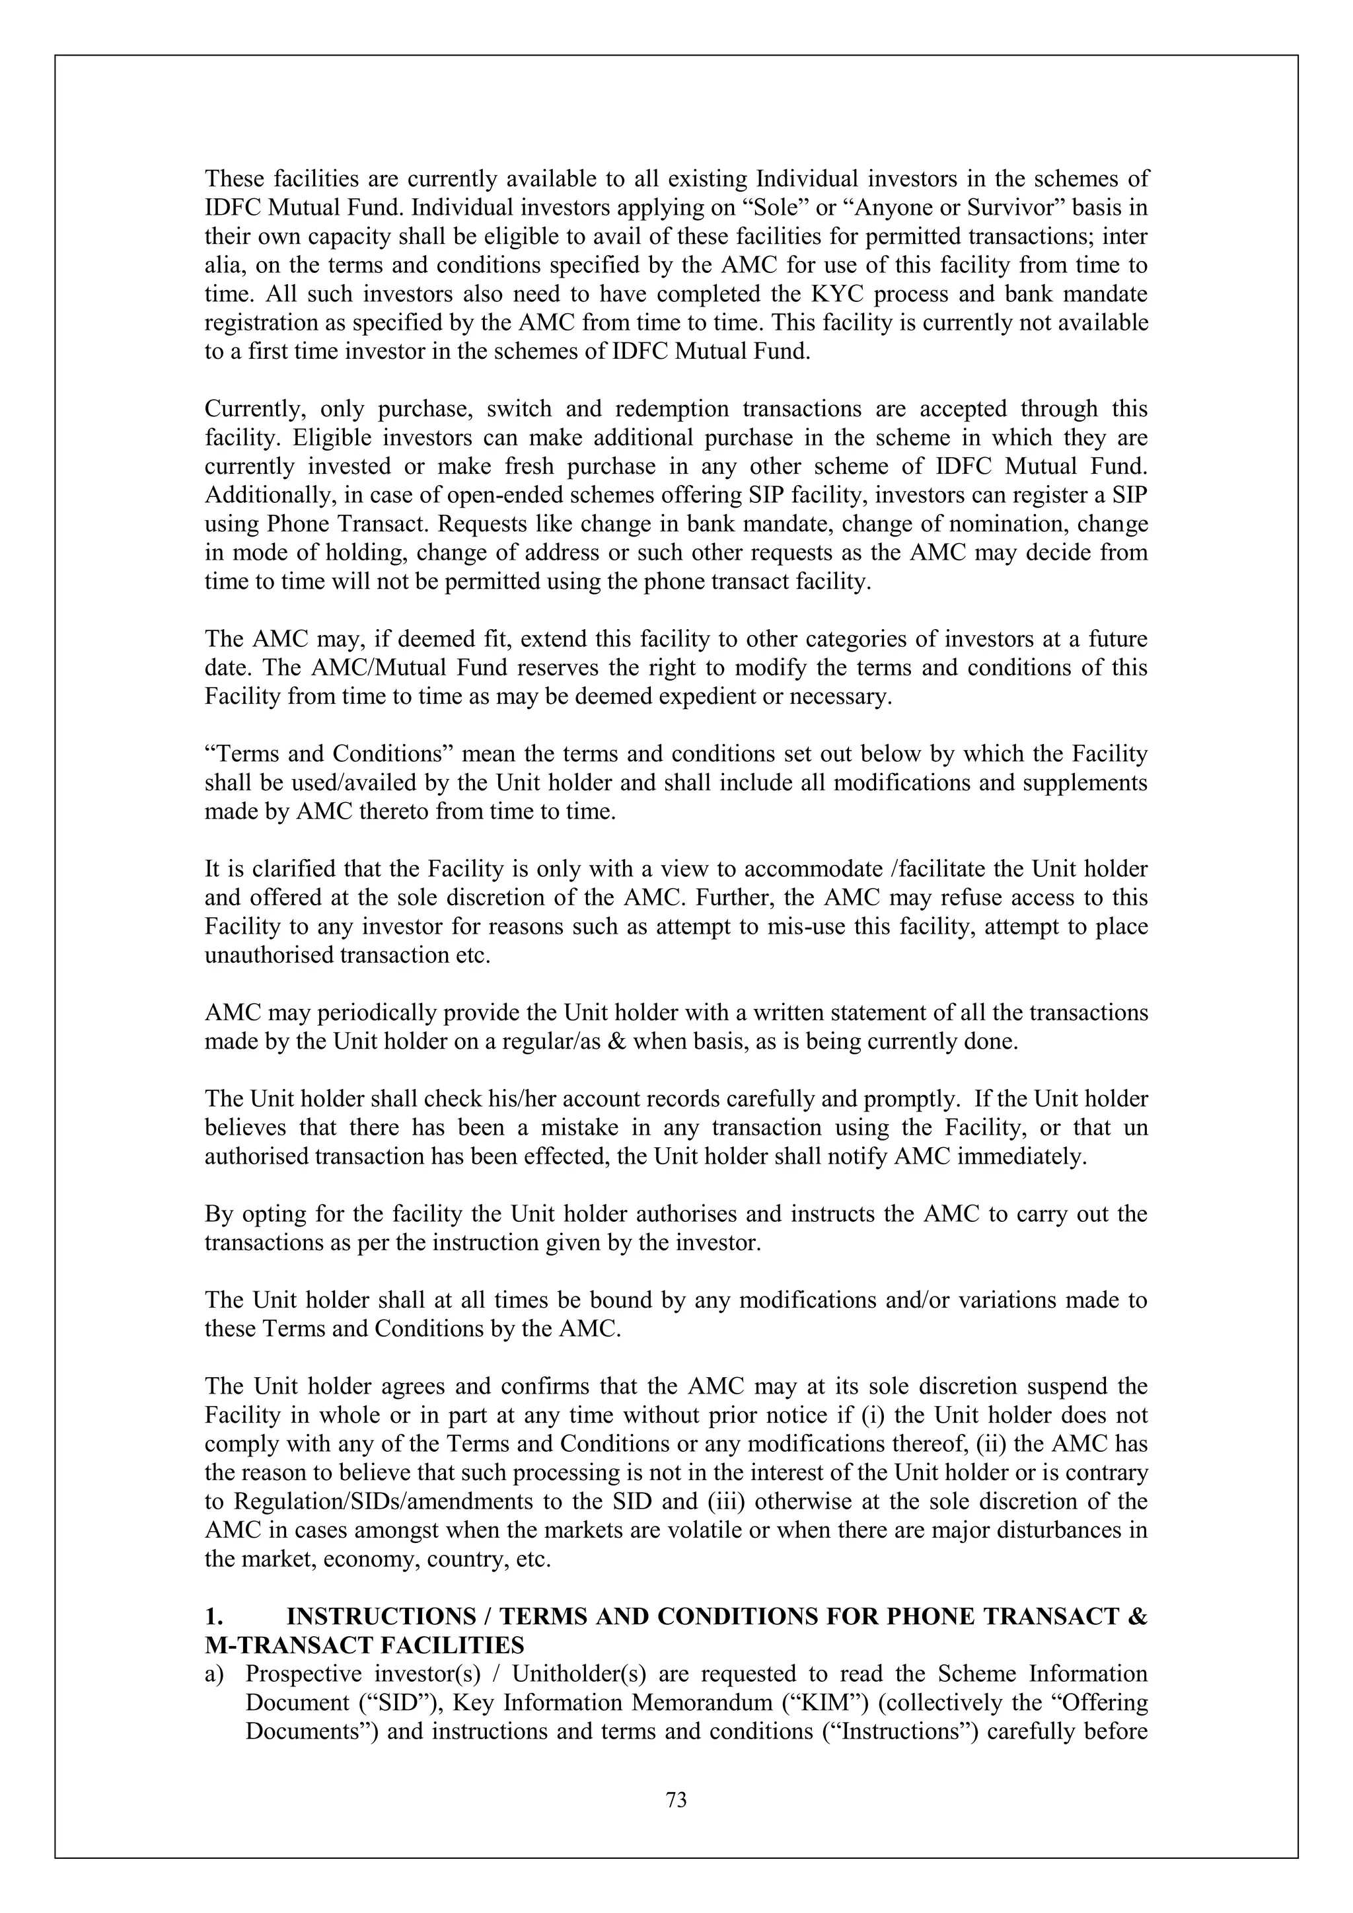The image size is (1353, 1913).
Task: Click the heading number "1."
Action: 214,1617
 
